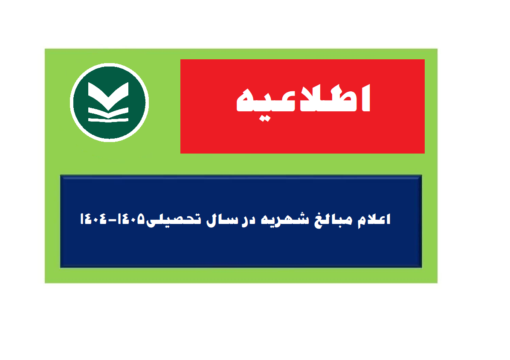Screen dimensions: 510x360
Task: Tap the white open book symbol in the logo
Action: coord(108,102)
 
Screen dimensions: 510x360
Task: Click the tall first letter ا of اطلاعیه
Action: coord(366,98)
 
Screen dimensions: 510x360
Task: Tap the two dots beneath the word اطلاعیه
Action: coord(265,119)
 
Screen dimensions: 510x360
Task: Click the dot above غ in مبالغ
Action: coord(319,213)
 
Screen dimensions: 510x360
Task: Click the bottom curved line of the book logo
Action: coord(108,121)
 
